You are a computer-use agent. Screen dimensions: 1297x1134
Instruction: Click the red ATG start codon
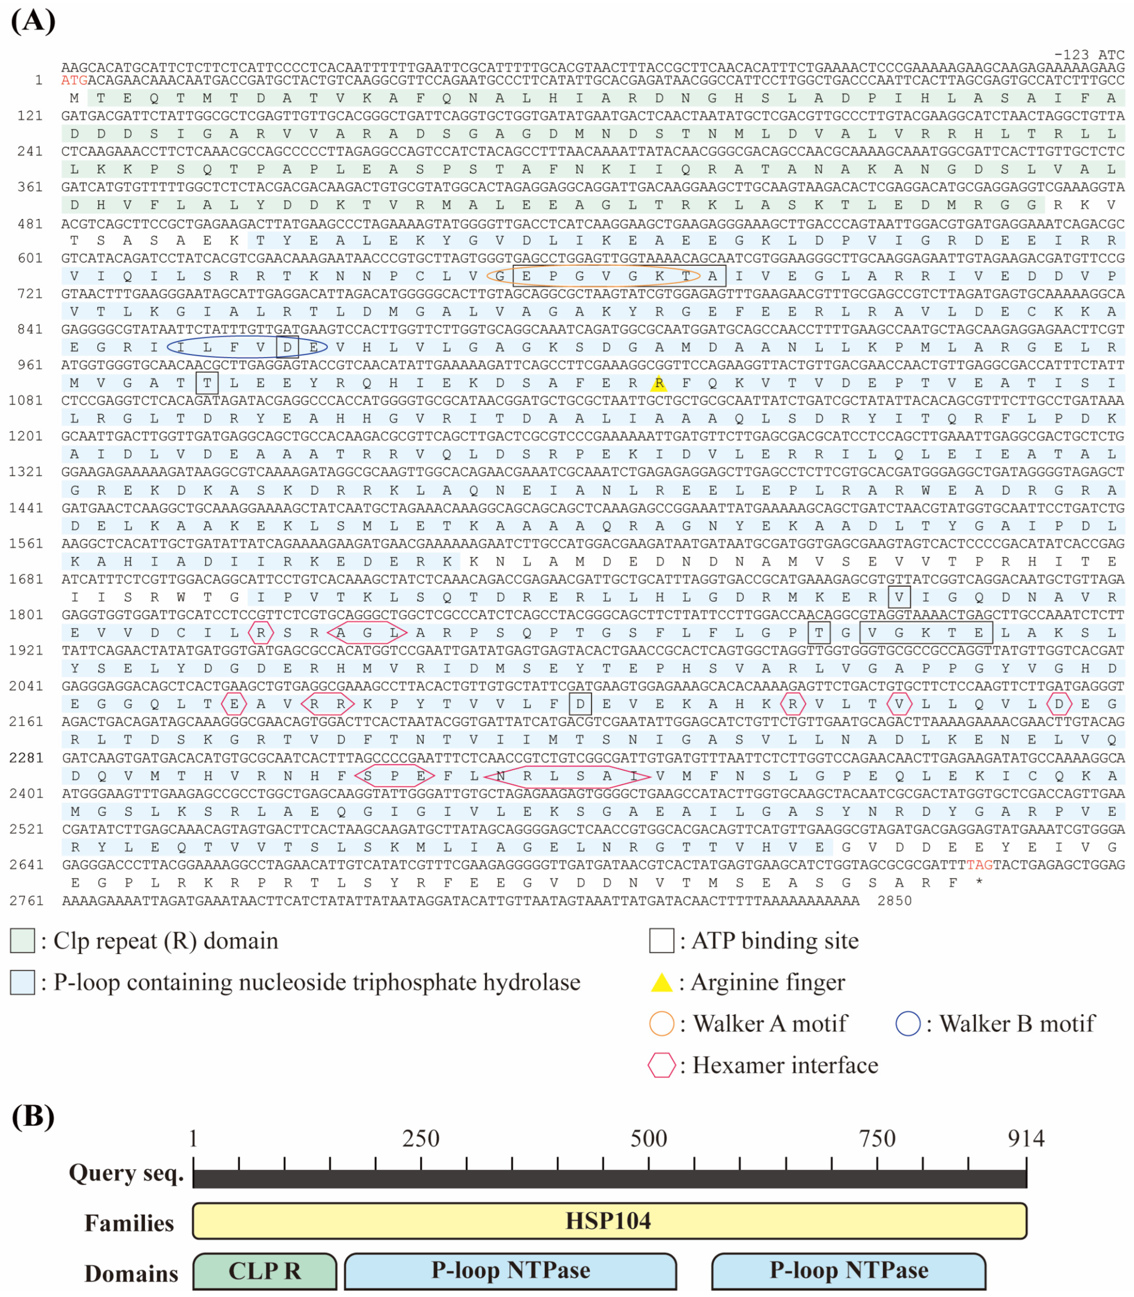pos(74,80)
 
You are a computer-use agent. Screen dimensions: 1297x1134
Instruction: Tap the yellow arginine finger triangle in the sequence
pos(659,383)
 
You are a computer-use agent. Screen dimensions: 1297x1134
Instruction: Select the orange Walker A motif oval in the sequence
pos(593,276)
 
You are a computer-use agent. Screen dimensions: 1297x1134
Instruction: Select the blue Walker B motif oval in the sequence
pos(247,347)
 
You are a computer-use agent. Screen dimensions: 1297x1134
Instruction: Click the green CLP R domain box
pos(264,1270)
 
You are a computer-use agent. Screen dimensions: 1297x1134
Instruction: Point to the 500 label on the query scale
pos(649,1139)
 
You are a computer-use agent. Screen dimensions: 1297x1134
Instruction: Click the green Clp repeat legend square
pos(22,941)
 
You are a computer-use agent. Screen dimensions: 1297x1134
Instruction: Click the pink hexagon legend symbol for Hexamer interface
pos(661,1065)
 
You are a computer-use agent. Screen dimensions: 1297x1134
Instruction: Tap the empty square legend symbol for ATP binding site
pos(661,941)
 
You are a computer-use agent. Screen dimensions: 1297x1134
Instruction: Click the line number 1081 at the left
pos(26,400)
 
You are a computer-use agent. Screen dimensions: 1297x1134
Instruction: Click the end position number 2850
pos(894,901)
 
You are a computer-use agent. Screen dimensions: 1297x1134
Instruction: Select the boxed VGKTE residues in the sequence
pos(925,632)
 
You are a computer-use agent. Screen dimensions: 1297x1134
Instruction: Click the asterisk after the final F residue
pos(980,882)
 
